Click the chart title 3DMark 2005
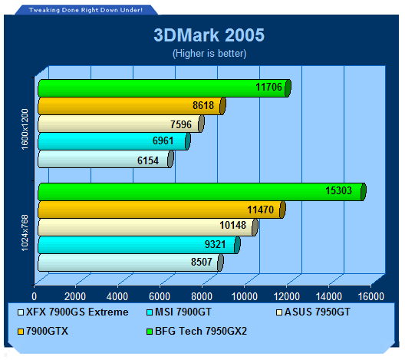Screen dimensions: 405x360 pos(209,35)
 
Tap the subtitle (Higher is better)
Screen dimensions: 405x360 pos(209,54)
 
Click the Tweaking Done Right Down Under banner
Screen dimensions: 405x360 pos(85,10)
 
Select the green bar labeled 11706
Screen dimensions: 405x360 pos(164,88)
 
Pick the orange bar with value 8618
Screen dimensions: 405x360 pos(132,106)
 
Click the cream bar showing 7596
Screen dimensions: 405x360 pos(121,124)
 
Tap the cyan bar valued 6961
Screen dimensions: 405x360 pos(114,141)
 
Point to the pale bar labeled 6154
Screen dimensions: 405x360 pos(106,159)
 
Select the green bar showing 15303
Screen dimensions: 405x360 pos(202,192)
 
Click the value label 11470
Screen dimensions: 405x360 pos(260,210)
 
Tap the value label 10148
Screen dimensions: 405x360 pos(232,225)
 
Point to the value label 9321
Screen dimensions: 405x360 pos(215,244)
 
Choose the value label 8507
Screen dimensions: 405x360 pos(202,262)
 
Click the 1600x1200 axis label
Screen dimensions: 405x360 pos(25,129)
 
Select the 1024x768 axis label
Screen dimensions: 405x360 pos(25,233)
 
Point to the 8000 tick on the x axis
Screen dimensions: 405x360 pos(202,296)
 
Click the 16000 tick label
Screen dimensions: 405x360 pos(371,296)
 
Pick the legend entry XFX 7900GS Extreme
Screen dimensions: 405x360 pos(73,312)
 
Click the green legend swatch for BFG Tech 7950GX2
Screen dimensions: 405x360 pos(150,332)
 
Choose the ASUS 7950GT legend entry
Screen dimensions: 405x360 pos(313,312)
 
